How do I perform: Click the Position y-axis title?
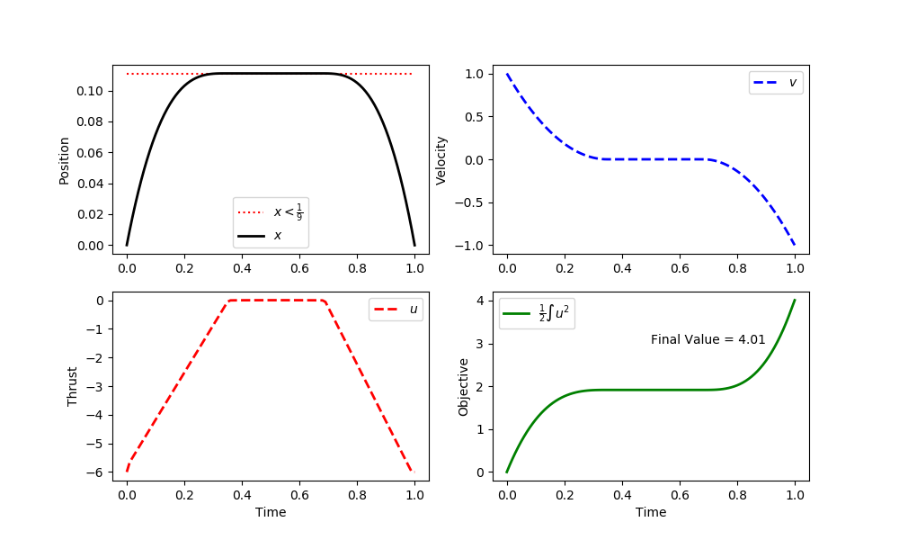click(64, 160)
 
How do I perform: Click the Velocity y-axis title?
click(441, 160)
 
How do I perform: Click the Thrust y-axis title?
click(72, 386)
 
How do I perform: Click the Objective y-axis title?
click(464, 386)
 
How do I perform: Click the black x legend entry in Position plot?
click(260, 235)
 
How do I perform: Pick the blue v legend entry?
click(776, 82)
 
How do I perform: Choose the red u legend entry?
click(396, 309)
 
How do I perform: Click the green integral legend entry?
click(537, 313)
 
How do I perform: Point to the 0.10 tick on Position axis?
click(94, 91)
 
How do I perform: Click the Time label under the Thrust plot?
click(271, 512)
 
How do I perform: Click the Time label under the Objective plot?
click(651, 512)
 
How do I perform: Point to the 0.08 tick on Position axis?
click(94, 121)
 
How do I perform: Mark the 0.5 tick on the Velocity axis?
click(474, 116)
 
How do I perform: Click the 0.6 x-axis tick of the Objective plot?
click(680, 495)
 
